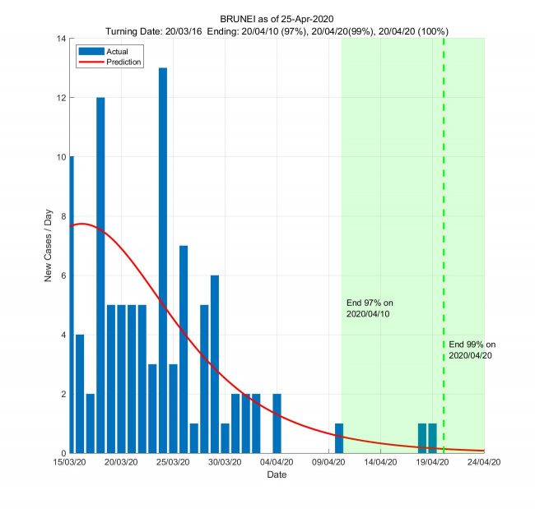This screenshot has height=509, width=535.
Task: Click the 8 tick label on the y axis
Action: (64, 216)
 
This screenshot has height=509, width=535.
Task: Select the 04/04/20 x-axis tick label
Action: (277, 463)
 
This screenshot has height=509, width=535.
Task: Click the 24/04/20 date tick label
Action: (484, 463)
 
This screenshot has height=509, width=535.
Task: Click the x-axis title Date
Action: (277, 475)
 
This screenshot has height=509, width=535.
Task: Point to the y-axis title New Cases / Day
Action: (49, 245)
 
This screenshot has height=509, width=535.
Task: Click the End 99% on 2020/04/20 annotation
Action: (473, 349)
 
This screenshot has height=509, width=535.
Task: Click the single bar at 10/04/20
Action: (339, 438)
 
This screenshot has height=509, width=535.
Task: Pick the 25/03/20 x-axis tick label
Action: (174, 463)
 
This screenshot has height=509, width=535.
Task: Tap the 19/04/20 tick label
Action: (432, 463)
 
